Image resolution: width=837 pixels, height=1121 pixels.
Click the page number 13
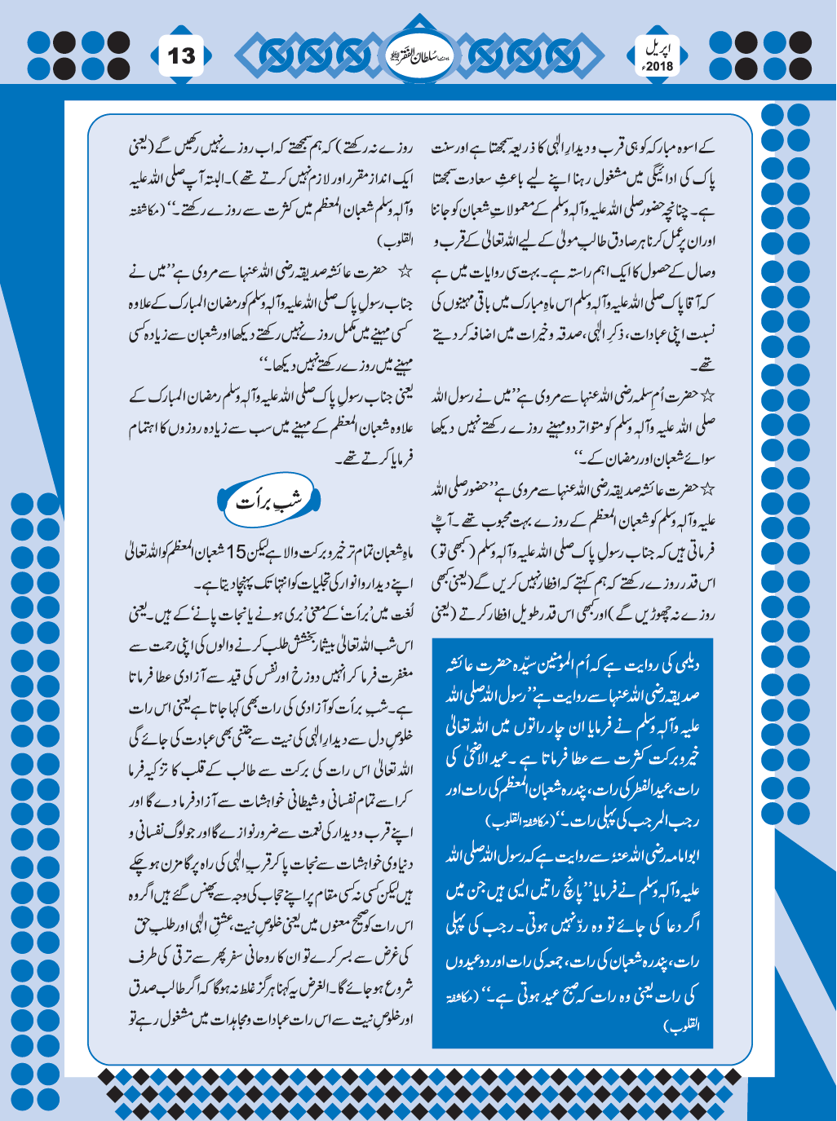pos(182,55)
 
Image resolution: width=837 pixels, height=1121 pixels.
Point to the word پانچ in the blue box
pos(562,891)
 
